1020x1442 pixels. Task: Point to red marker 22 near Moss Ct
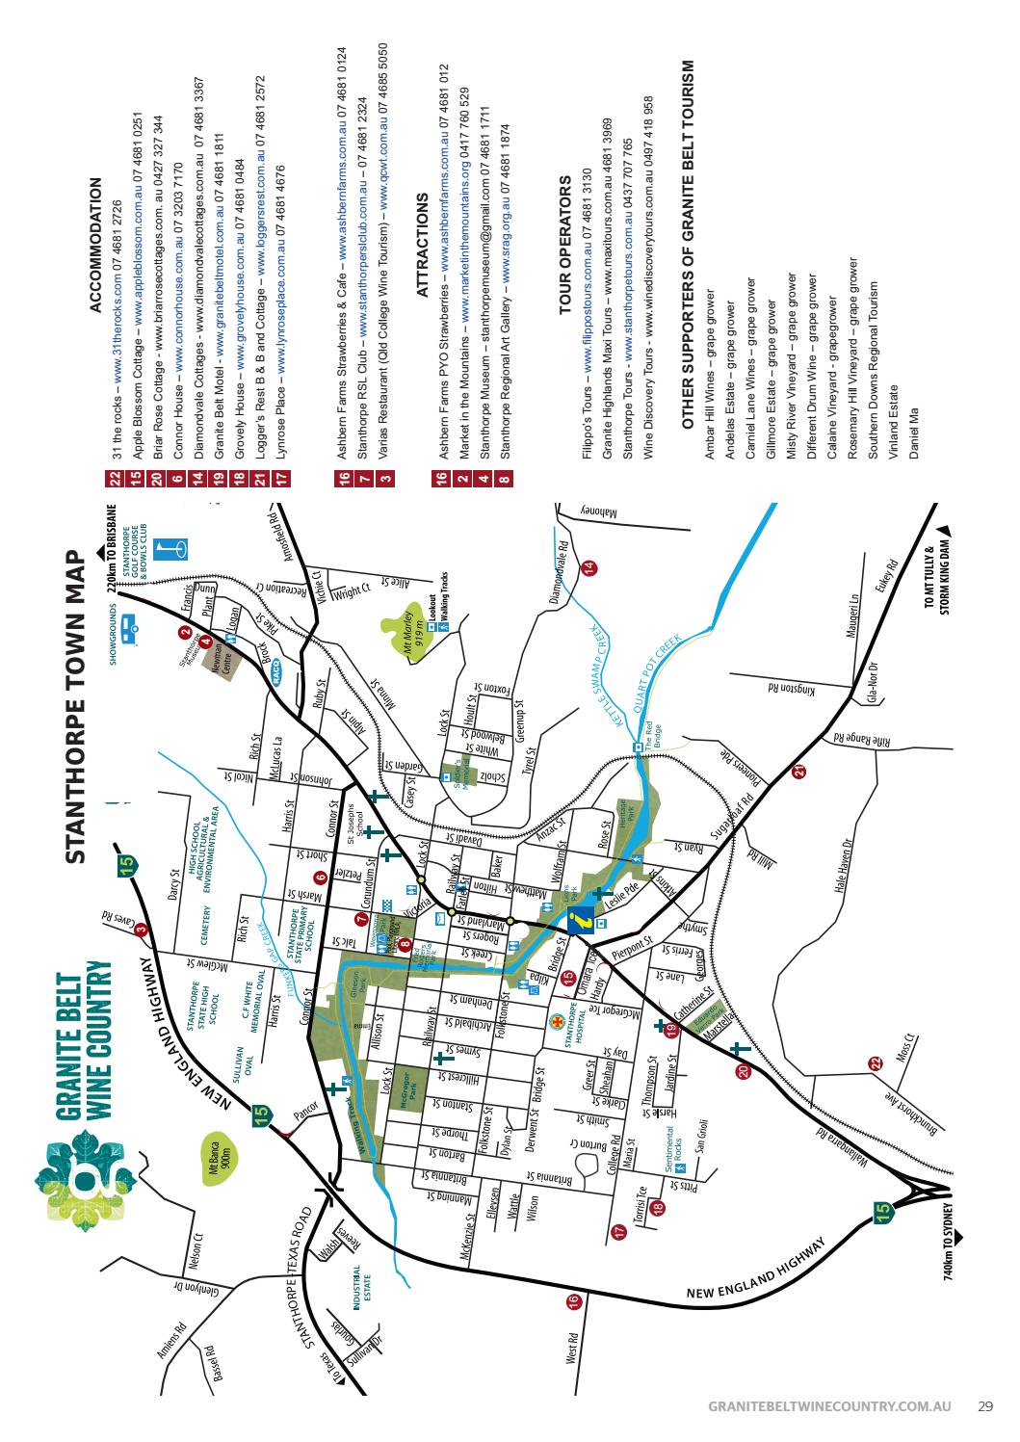coord(875,1062)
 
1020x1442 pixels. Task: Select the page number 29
coord(985,1407)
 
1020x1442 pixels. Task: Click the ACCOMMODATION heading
coord(94,246)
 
